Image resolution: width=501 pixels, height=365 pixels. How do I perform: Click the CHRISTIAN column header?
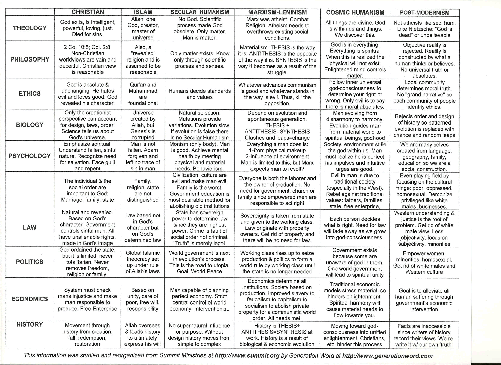[x=88, y=12]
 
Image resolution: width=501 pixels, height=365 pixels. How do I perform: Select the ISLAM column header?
[x=143, y=12]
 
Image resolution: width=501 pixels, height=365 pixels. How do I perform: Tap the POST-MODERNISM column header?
[x=424, y=13]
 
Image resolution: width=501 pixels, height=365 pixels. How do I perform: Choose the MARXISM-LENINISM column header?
[x=277, y=12]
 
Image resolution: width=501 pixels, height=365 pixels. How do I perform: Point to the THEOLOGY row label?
[x=30, y=28]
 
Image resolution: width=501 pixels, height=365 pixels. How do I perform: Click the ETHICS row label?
[x=30, y=94]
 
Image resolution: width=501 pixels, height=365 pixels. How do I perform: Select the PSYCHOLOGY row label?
[x=30, y=156]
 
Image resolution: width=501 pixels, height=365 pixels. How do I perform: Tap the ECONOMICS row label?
[x=30, y=299]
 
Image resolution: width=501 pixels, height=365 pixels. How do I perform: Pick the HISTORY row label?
[x=30, y=324]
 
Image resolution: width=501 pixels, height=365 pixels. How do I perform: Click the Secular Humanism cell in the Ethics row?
[x=199, y=94]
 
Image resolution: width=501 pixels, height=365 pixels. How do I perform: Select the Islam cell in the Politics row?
[x=143, y=262]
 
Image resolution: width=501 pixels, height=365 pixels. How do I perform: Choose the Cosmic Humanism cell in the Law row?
[x=354, y=228]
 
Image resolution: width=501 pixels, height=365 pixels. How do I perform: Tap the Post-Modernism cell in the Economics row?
[x=424, y=300]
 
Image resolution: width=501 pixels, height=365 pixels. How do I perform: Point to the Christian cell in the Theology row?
[x=88, y=28]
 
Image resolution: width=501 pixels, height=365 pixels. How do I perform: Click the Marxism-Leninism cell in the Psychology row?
[x=277, y=156]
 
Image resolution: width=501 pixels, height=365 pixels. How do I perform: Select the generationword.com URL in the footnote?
[x=387, y=356]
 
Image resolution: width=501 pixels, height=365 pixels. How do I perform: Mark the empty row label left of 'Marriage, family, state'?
[x=30, y=190]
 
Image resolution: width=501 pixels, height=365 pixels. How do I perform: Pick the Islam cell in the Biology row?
[x=143, y=125]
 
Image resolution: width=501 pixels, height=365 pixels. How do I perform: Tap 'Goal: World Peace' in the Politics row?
[x=199, y=271]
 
